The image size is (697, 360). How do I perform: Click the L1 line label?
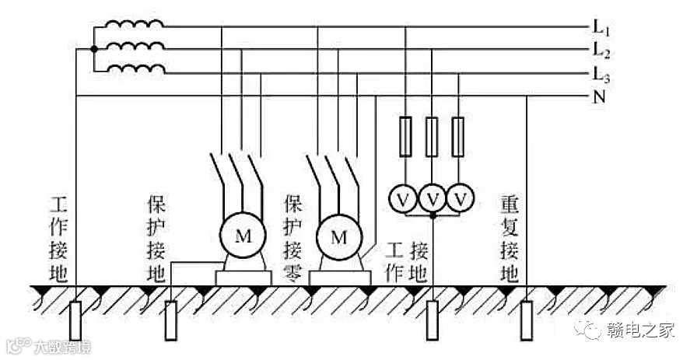[600, 27]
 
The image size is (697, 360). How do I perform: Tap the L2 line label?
[600, 51]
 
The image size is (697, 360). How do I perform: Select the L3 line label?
[600, 75]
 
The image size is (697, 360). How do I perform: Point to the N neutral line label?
[599, 98]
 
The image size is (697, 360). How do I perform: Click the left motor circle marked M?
[243, 236]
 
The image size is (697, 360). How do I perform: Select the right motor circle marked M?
[338, 236]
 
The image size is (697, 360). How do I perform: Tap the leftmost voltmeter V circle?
[403, 199]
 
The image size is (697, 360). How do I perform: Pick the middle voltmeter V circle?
[433, 199]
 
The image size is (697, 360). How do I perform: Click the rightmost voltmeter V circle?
[461, 199]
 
